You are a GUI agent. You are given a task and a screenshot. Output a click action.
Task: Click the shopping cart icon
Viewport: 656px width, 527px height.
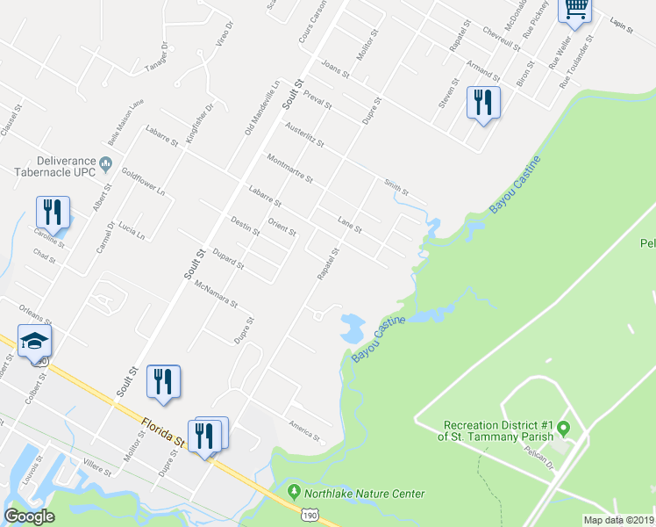click(575, 9)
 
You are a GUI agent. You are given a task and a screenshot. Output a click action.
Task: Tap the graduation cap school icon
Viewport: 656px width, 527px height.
click(35, 341)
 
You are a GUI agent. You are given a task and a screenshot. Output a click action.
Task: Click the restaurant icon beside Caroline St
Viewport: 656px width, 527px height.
click(53, 213)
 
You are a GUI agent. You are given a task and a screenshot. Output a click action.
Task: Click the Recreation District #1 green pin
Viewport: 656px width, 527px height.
click(564, 429)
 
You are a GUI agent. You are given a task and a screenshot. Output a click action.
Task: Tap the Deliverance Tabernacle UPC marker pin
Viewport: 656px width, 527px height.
click(106, 162)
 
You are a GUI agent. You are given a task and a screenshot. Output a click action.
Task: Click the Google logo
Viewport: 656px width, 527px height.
click(29, 516)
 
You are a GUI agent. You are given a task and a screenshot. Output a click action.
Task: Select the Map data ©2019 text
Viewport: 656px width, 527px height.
click(618, 520)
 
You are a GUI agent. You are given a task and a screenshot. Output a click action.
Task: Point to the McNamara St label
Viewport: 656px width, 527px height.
click(216, 293)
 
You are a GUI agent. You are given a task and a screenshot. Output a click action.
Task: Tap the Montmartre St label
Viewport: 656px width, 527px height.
click(289, 168)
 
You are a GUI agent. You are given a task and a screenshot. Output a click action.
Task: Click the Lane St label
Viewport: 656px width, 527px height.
click(350, 225)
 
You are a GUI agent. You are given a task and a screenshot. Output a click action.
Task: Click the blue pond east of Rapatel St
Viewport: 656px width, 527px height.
click(352, 327)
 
